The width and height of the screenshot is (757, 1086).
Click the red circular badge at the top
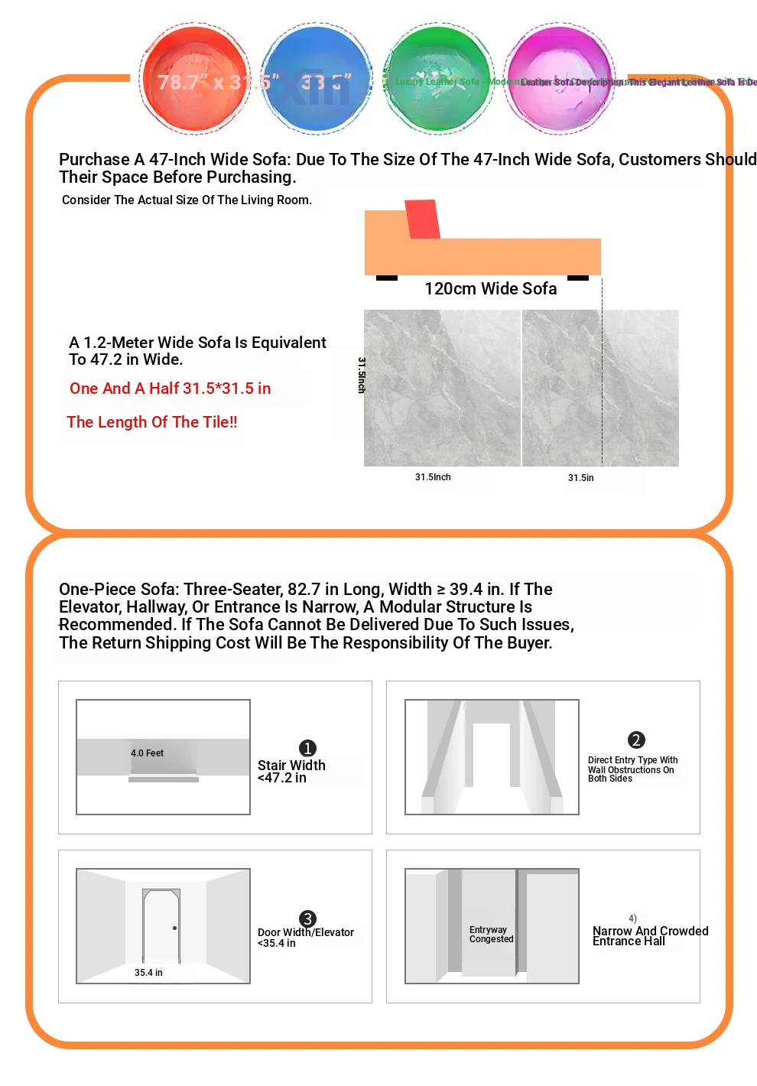195,79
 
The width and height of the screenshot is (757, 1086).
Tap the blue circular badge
317,79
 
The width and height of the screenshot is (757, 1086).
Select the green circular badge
438,79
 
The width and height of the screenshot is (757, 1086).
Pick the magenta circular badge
560,79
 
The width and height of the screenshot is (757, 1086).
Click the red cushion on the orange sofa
422,219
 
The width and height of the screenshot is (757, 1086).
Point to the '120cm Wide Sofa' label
490,288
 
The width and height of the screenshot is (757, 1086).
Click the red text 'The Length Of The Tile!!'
152,422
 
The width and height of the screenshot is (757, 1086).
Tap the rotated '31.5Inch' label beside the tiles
362,375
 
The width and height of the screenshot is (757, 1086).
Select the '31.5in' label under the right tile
580,478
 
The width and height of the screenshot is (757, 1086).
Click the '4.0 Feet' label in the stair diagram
147,753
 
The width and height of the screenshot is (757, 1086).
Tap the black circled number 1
307,748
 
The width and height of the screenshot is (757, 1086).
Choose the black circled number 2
636,740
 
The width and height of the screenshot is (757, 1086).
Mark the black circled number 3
307,919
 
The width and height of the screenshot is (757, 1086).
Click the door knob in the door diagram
175,928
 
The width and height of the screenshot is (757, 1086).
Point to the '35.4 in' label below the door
148,973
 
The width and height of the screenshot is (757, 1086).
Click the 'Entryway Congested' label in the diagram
491,935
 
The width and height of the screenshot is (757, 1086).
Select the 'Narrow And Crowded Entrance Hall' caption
650,936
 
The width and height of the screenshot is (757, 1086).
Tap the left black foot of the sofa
387,278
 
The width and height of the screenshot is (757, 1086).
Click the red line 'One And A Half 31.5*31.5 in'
170,389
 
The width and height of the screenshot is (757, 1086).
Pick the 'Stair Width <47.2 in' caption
291,771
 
